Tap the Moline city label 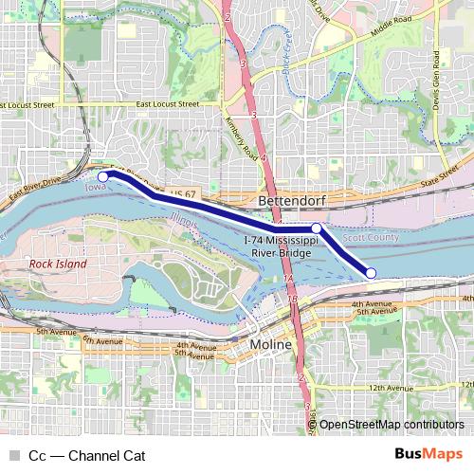pyautogui.click(x=270, y=345)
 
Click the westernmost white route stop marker pyautogui.click(x=103, y=175)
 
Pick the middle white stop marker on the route pyautogui.click(x=317, y=228)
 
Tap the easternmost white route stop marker pyautogui.click(x=371, y=273)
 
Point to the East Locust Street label pyautogui.click(x=167, y=103)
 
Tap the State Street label pyautogui.click(x=439, y=175)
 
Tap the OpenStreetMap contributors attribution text pyautogui.click(x=392, y=425)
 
